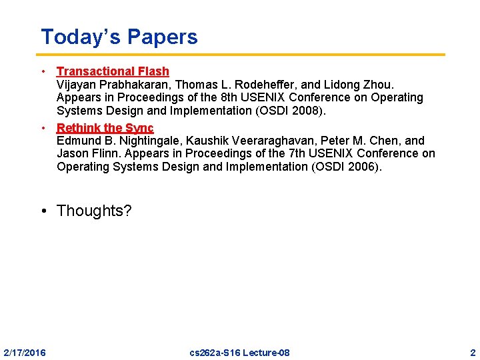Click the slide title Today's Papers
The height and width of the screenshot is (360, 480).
pyautogui.click(x=119, y=37)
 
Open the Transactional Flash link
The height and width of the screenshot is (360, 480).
pyautogui.click(x=113, y=71)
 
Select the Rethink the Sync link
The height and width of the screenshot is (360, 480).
pyautogui.click(x=105, y=128)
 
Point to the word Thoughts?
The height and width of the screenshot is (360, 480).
pyautogui.click(x=94, y=211)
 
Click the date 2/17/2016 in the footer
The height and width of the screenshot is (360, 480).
pyautogui.click(x=25, y=352)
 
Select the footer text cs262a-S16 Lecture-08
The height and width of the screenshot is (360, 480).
pyautogui.click(x=239, y=352)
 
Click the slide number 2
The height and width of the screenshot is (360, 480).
pyautogui.click(x=472, y=352)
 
